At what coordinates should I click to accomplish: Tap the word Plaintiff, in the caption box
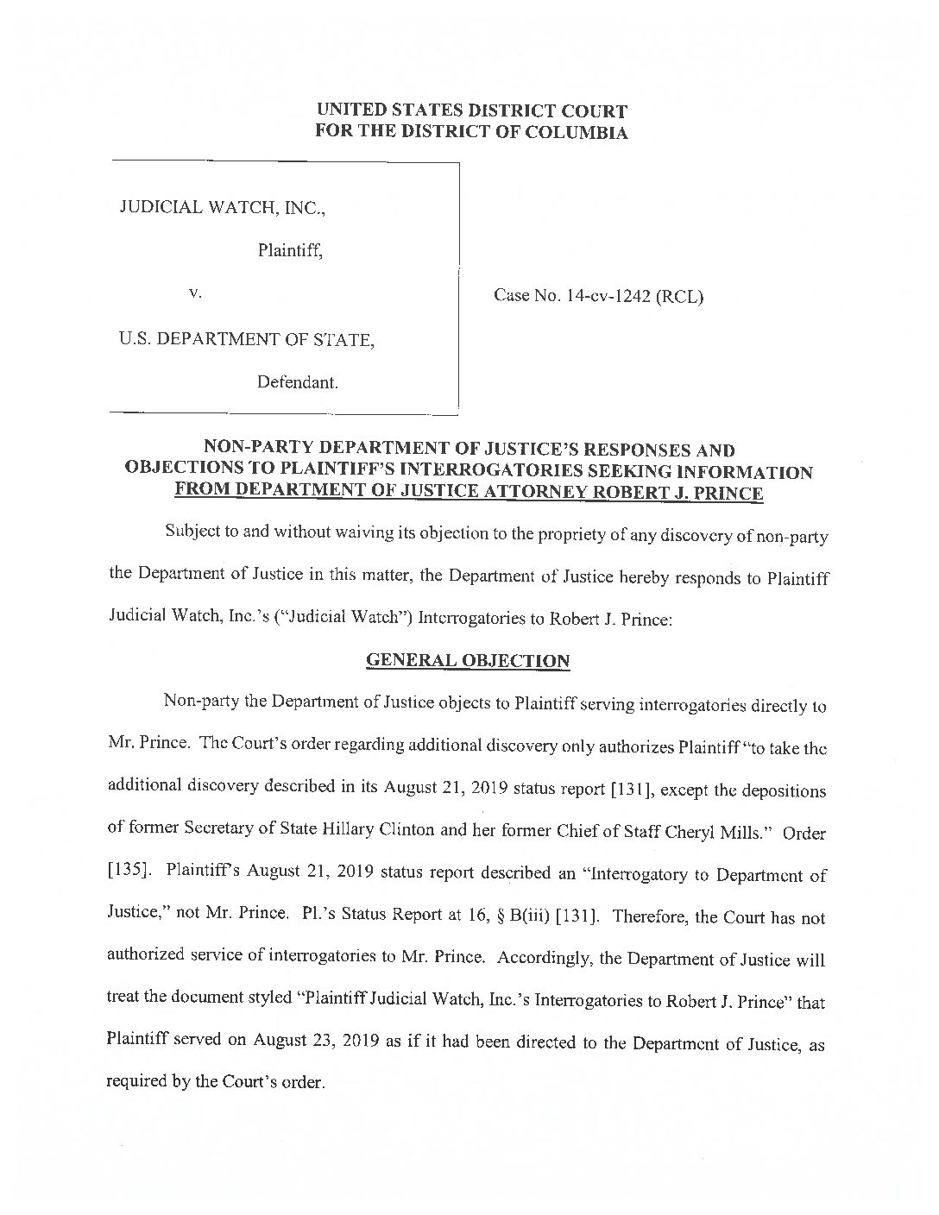tap(289, 251)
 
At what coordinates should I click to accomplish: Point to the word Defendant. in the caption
tap(297, 382)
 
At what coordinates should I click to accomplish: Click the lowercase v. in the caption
tap(195, 293)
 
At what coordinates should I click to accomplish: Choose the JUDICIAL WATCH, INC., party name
tap(223, 207)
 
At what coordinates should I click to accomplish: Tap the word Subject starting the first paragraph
tap(192, 536)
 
